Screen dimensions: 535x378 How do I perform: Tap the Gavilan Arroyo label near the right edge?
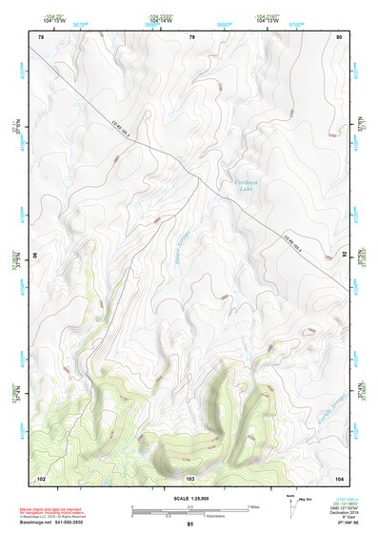326,383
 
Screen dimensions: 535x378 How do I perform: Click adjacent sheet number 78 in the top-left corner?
40,36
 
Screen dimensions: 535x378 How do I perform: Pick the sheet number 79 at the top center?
191,36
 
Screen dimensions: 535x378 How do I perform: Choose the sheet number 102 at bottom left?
41,475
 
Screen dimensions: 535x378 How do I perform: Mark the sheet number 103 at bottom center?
190,475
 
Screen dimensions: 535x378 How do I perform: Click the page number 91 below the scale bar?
190,525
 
